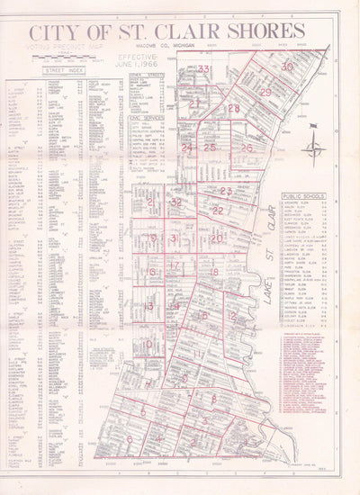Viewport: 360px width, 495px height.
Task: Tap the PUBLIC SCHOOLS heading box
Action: (303, 194)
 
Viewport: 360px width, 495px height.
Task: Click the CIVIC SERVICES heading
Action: (146, 117)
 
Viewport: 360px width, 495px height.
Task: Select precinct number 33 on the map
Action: (205, 68)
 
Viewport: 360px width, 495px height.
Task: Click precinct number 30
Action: (287, 67)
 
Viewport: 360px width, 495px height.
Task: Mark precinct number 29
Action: (265, 92)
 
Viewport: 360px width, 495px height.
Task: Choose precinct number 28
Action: (234, 108)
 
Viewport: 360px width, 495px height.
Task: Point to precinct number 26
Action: (246, 147)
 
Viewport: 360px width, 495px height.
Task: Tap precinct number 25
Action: (210, 147)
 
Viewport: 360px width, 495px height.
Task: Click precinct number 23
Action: (226, 191)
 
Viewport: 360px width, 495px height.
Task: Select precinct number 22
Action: (218, 211)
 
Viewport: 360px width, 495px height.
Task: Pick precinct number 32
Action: (176, 203)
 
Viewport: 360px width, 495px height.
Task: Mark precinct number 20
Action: (216, 238)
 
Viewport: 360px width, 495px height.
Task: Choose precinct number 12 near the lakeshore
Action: (231, 316)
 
